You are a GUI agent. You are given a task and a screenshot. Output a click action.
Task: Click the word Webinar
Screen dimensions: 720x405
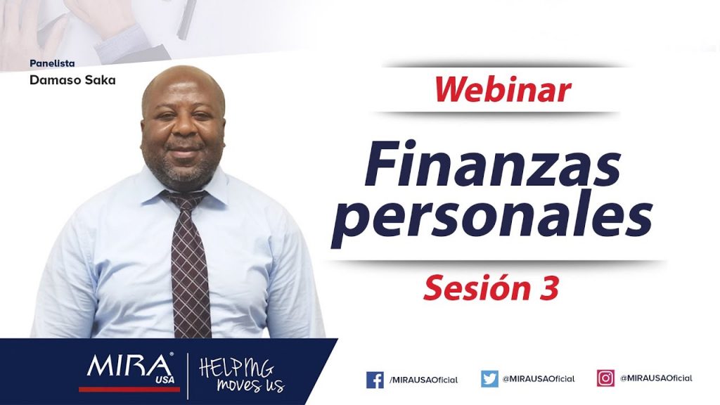click(502, 89)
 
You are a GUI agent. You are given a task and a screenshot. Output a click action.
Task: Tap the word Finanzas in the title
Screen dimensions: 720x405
click(493, 163)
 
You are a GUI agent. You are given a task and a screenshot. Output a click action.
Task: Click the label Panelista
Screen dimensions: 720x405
click(52, 63)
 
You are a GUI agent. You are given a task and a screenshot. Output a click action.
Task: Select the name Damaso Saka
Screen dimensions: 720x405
click(72, 80)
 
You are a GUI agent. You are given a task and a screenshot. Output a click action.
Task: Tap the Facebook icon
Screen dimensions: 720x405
click(375, 380)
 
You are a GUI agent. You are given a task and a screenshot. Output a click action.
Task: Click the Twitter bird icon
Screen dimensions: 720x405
click(489, 379)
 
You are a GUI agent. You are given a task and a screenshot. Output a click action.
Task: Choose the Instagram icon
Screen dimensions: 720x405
click(605, 378)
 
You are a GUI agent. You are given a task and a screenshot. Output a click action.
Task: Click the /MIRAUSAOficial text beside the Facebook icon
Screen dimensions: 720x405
click(423, 380)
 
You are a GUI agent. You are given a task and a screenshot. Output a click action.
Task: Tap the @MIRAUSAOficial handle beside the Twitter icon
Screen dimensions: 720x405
click(539, 379)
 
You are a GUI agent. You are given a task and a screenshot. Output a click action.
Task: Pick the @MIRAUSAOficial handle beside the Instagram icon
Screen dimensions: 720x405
click(656, 378)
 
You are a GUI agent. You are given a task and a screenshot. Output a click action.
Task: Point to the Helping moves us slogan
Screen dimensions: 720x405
click(242, 375)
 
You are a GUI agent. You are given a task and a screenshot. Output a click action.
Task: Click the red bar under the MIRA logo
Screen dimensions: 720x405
click(129, 390)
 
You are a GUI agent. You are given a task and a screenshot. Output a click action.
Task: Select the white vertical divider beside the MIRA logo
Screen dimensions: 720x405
click(187, 376)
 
